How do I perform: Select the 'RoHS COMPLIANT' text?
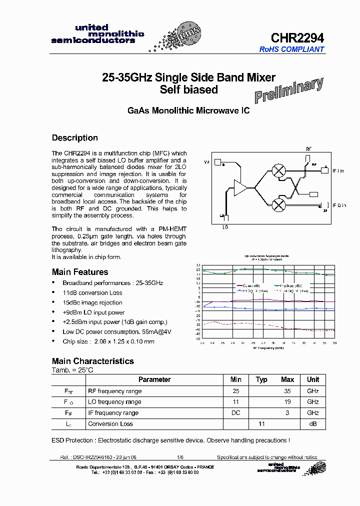pyautogui.click(x=291, y=49)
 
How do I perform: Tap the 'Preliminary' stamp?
pyautogui.click(x=289, y=90)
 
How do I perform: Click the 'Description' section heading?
pyautogui.click(x=75, y=138)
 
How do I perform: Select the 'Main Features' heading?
pyautogui.click(x=80, y=272)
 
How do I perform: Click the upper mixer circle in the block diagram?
pyautogui.click(x=278, y=170)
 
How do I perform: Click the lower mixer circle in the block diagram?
pyautogui.click(x=278, y=204)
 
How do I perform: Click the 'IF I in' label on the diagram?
pyautogui.click(x=338, y=171)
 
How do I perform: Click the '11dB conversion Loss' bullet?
pyautogui.click(x=92, y=293)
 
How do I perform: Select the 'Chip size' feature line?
pyautogui.click(x=108, y=341)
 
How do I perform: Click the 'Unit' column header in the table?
pyautogui.click(x=313, y=379)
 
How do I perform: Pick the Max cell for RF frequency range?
pyautogui.click(x=287, y=391)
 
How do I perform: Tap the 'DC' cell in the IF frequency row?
pyautogui.click(x=235, y=413)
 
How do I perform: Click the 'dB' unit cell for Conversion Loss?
pyautogui.click(x=313, y=424)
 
